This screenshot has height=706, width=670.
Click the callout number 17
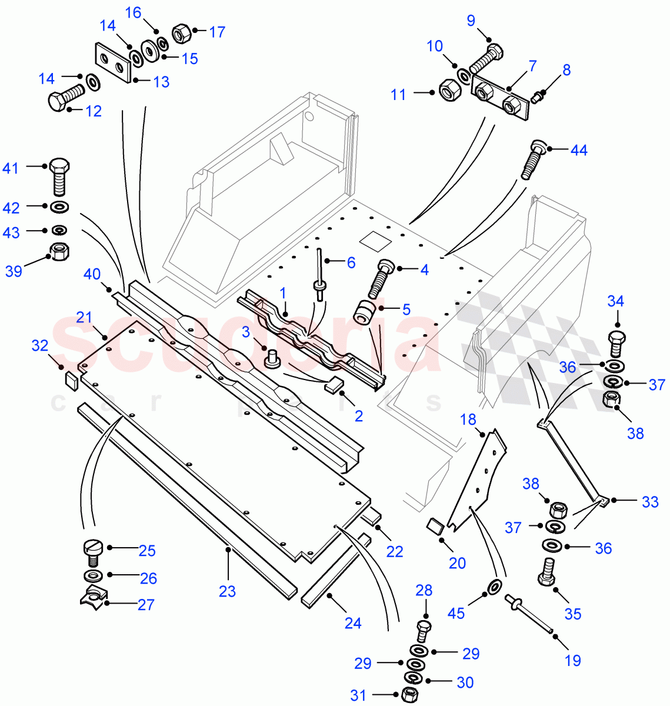[217, 32]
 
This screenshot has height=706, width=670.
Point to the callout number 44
[579, 151]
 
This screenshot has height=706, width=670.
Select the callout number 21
[85, 318]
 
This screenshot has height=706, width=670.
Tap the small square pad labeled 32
[71, 380]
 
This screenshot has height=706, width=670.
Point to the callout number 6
[351, 262]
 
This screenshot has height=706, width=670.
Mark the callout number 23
[227, 591]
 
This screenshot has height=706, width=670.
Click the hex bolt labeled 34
[615, 344]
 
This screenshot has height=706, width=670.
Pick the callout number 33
[650, 502]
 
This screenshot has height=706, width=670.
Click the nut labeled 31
[410, 694]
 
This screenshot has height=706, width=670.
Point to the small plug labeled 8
[537, 96]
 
